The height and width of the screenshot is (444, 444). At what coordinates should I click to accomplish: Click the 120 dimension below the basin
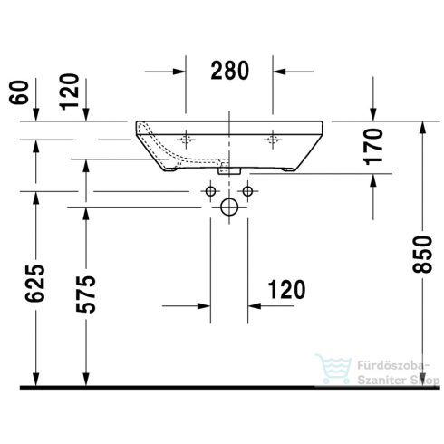(285, 289)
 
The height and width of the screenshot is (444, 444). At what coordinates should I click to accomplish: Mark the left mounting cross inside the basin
(187, 140)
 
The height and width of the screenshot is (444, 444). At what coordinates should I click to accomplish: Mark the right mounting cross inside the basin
(271, 140)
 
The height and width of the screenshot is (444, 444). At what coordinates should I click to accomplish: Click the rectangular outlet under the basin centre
(229, 169)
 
